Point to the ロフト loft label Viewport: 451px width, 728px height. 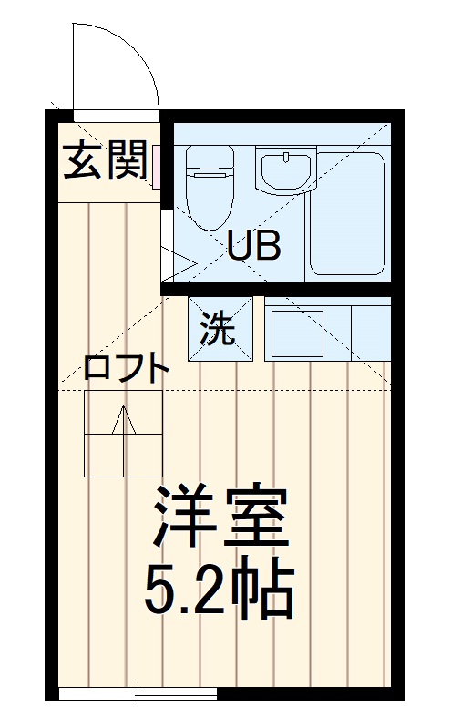(126, 369)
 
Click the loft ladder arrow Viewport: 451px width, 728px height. (124, 422)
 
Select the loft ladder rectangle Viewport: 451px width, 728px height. (124, 433)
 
